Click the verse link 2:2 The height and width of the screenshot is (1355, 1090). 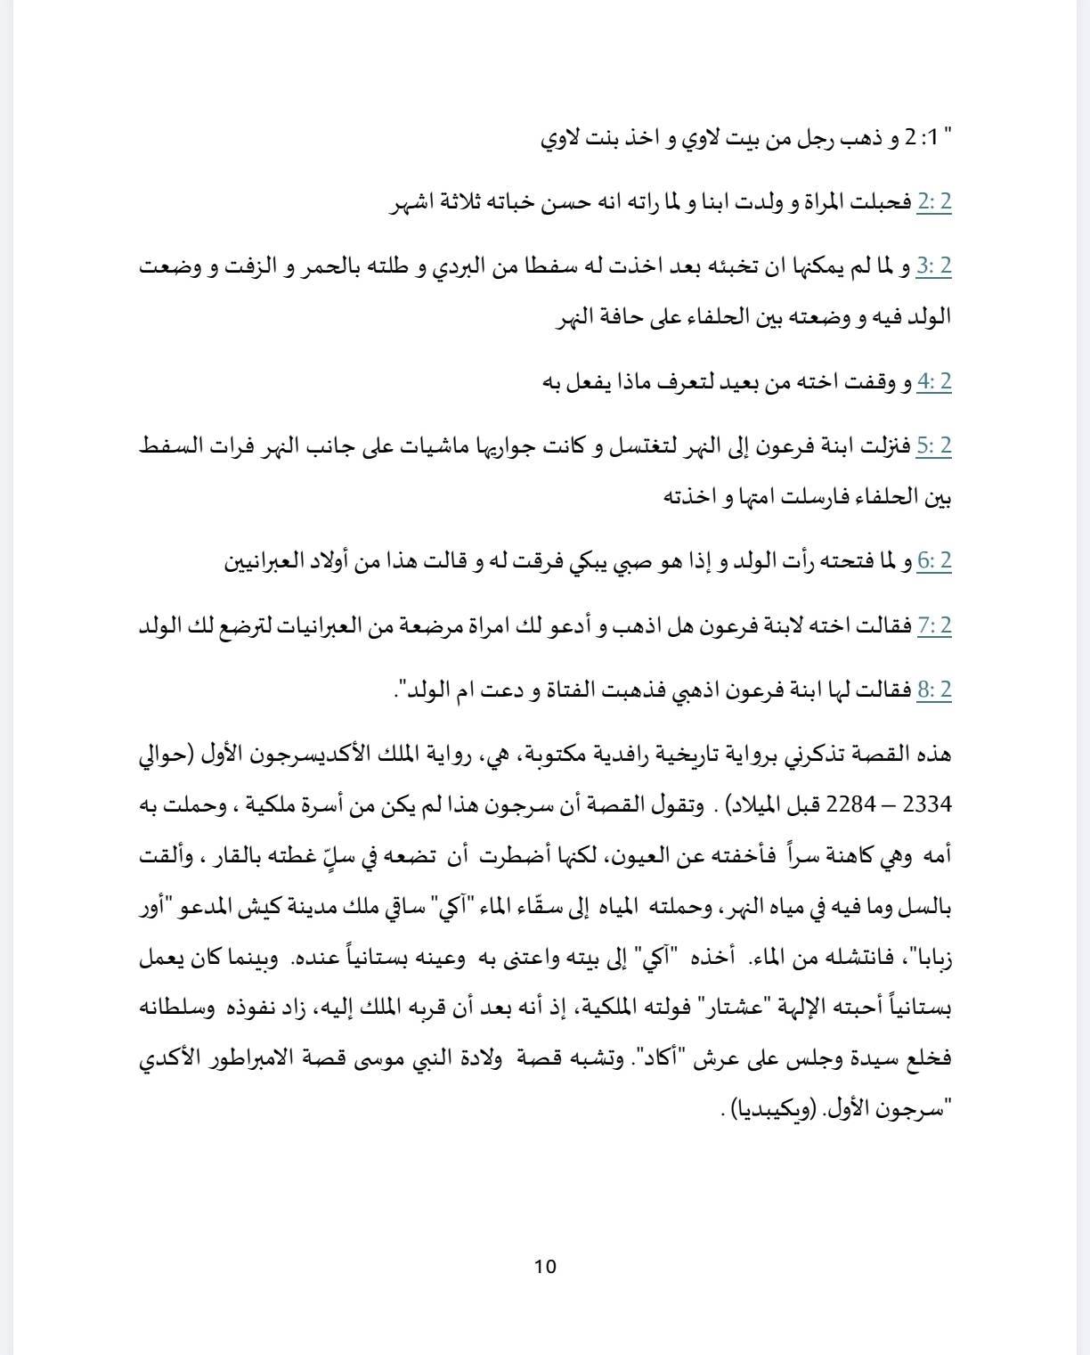[x=934, y=203]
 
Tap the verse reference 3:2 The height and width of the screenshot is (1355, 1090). [x=934, y=266]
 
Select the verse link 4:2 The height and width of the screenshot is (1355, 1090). [x=934, y=382]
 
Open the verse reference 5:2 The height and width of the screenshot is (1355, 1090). [x=934, y=446]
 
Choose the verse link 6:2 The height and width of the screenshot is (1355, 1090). [x=934, y=561]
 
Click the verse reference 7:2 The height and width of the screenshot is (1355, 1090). [x=934, y=626]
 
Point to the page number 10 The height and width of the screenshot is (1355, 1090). [x=545, y=1266]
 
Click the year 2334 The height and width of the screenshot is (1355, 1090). [x=928, y=805]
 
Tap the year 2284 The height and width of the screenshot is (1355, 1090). [x=851, y=805]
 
